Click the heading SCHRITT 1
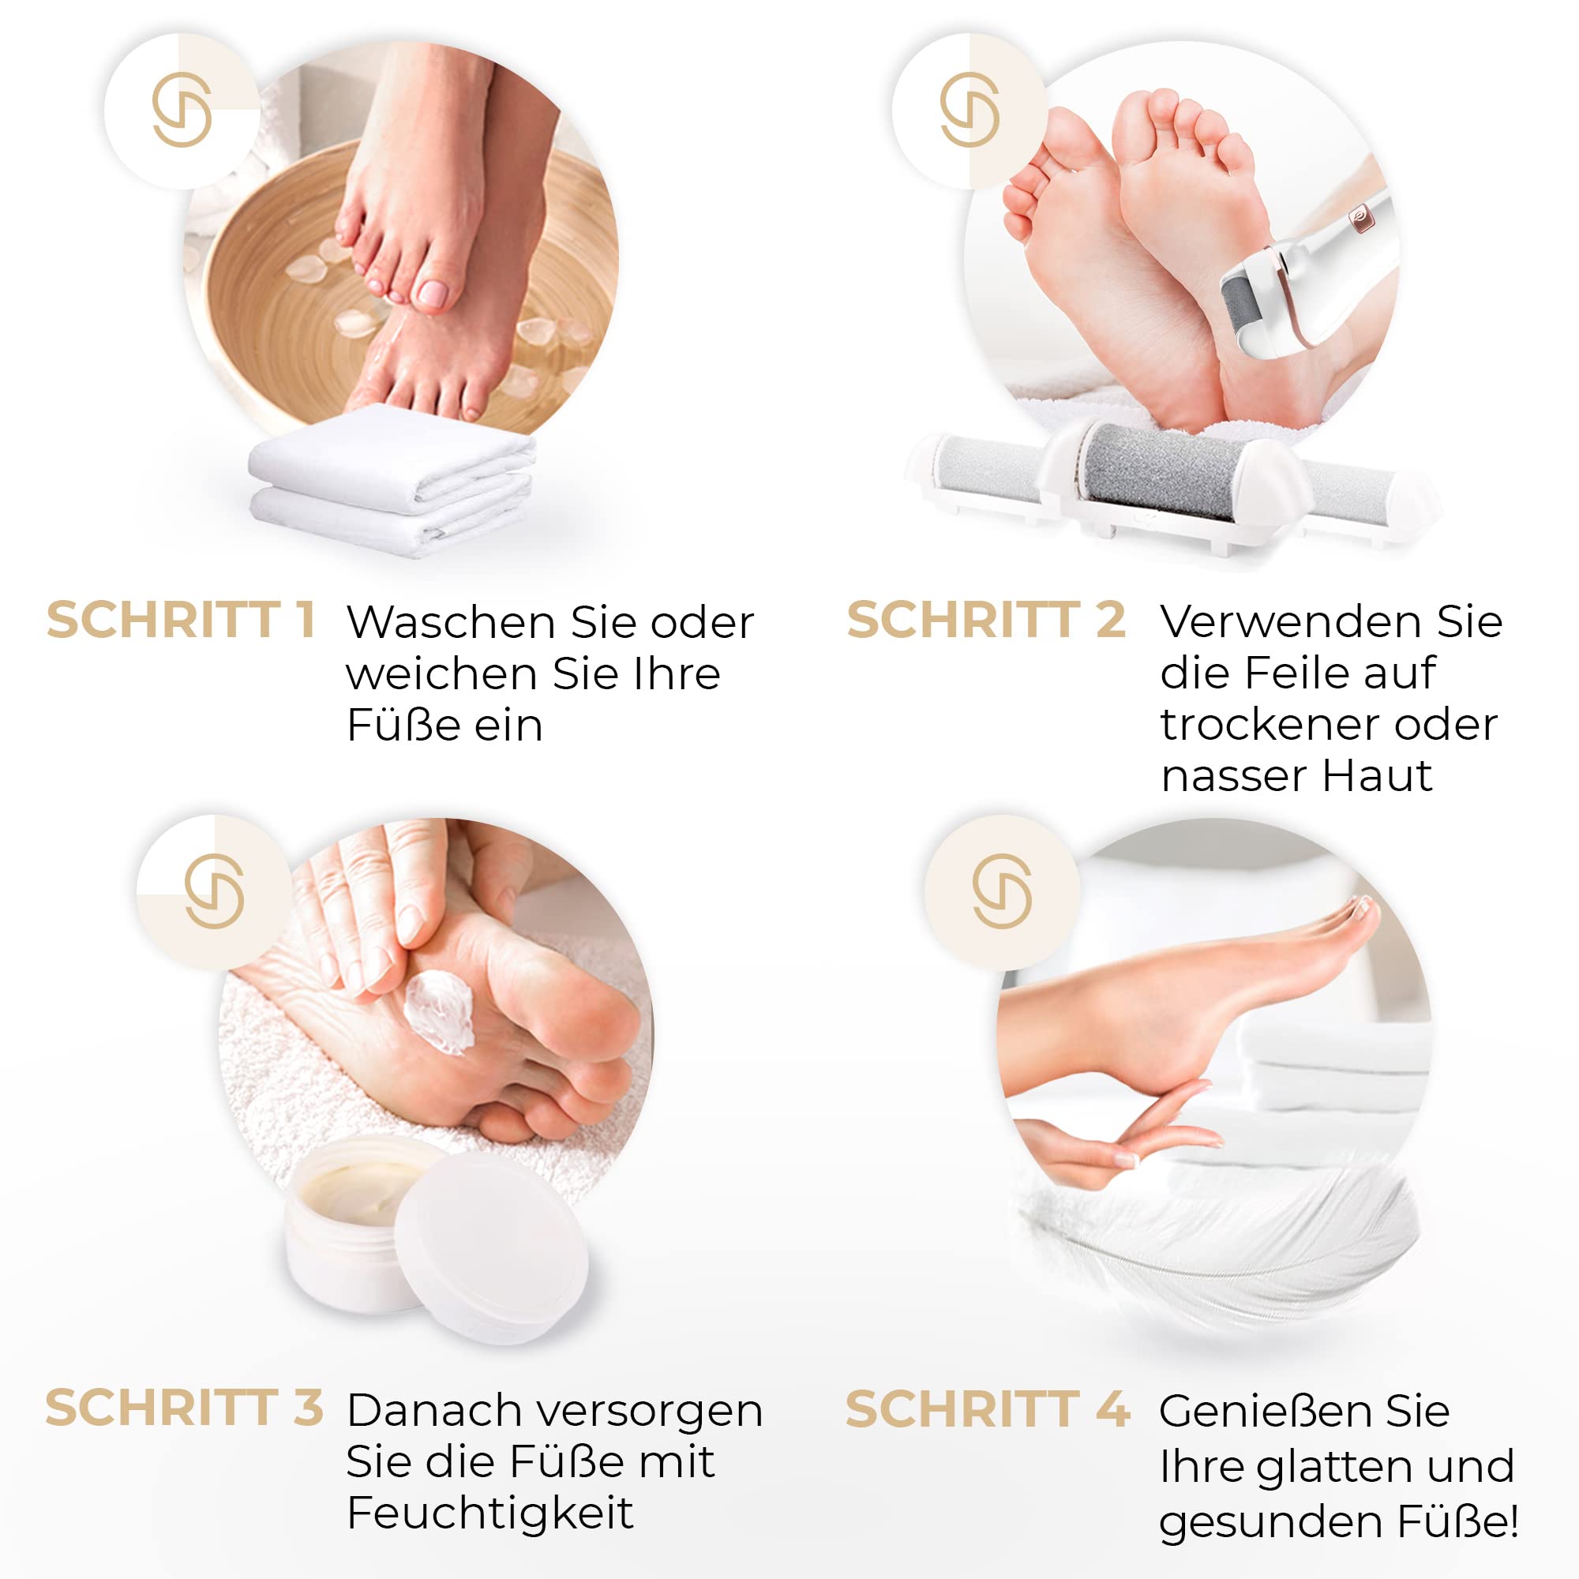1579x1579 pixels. tap(181, 620)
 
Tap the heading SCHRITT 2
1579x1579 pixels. tap(985, 620)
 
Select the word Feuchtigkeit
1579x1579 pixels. tap(489, 1513)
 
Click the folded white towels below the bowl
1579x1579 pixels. tap(392, 482)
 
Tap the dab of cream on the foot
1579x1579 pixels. tap(439, 1013)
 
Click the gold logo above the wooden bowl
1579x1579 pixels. tap(182, 110)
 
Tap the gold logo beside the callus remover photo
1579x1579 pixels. tap(970, 110)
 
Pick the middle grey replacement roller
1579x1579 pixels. tap(1157, 471)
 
